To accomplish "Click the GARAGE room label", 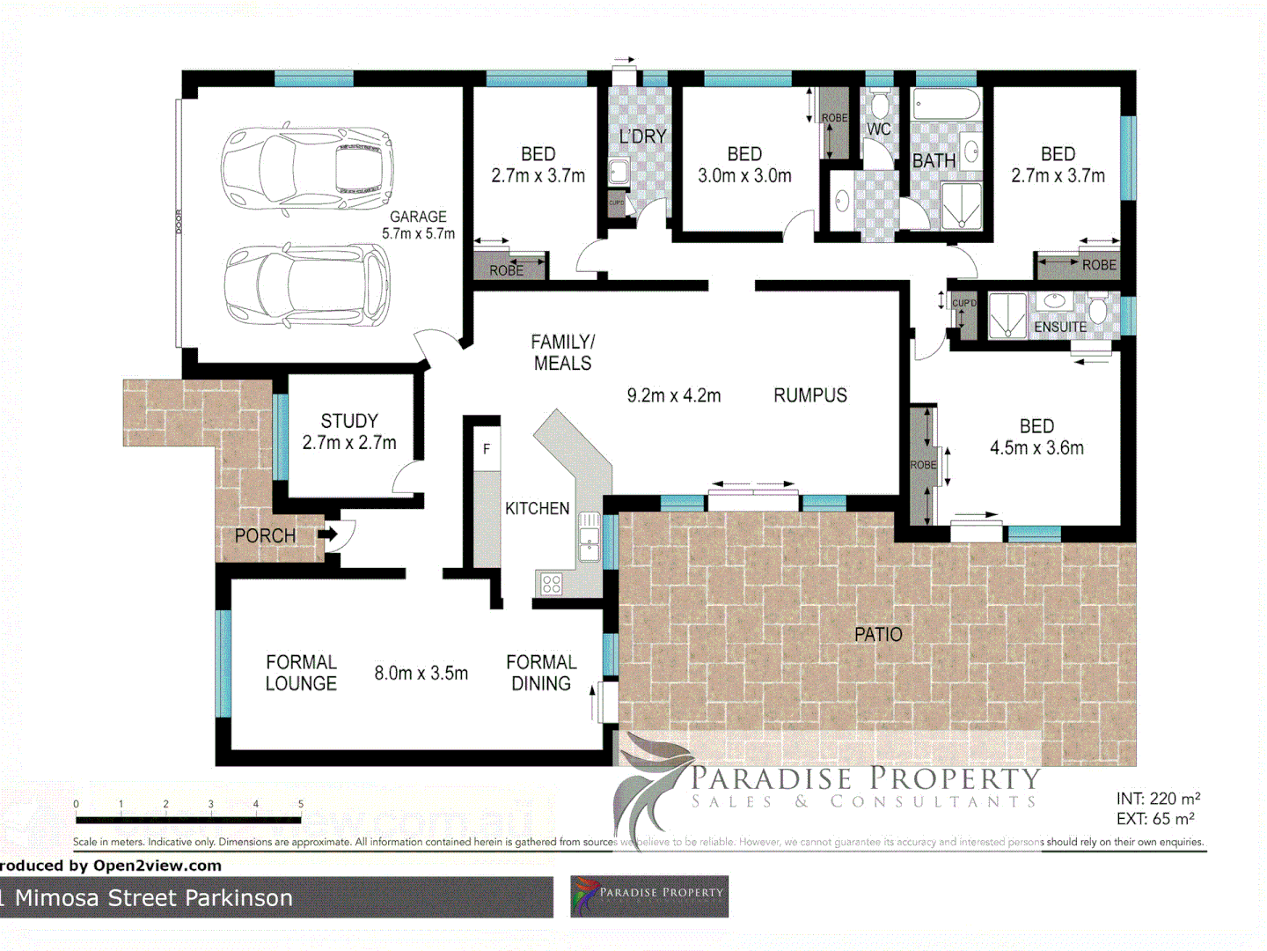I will click(418, 217).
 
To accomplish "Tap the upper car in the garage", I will click(306, 168).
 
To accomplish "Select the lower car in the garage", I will click(306, 284).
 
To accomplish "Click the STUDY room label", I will click(349, 421).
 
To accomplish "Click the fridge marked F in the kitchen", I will click(487, 449).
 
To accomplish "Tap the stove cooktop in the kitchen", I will click(552, 583).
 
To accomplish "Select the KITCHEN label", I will click(537, 508).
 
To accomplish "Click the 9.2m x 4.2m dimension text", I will click(673, 396).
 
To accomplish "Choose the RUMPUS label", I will click(809, 395).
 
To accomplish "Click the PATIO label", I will click(877, 634).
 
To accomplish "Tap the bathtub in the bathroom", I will click(946, 105).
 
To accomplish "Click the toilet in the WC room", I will click(878, 105).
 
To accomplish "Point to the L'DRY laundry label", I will click(642, 136).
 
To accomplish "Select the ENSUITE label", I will click(1059, 327).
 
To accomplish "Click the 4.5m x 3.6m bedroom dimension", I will click(1036, 447).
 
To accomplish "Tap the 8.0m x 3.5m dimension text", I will click(421, 674).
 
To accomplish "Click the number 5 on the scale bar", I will click(301, 804).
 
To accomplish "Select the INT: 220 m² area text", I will click(1158, 799).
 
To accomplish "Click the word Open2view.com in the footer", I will click(157, 866).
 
